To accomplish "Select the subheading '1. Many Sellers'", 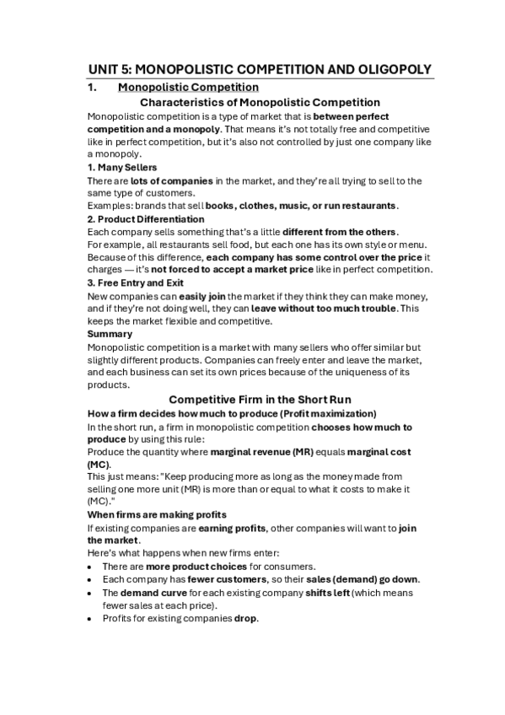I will click(x=122, y=168).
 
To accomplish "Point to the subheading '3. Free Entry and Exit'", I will click(x=136, y=282).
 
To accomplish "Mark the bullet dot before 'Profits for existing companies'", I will click(x=90, y=618).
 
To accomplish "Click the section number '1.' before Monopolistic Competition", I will click(x=94, y=87).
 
